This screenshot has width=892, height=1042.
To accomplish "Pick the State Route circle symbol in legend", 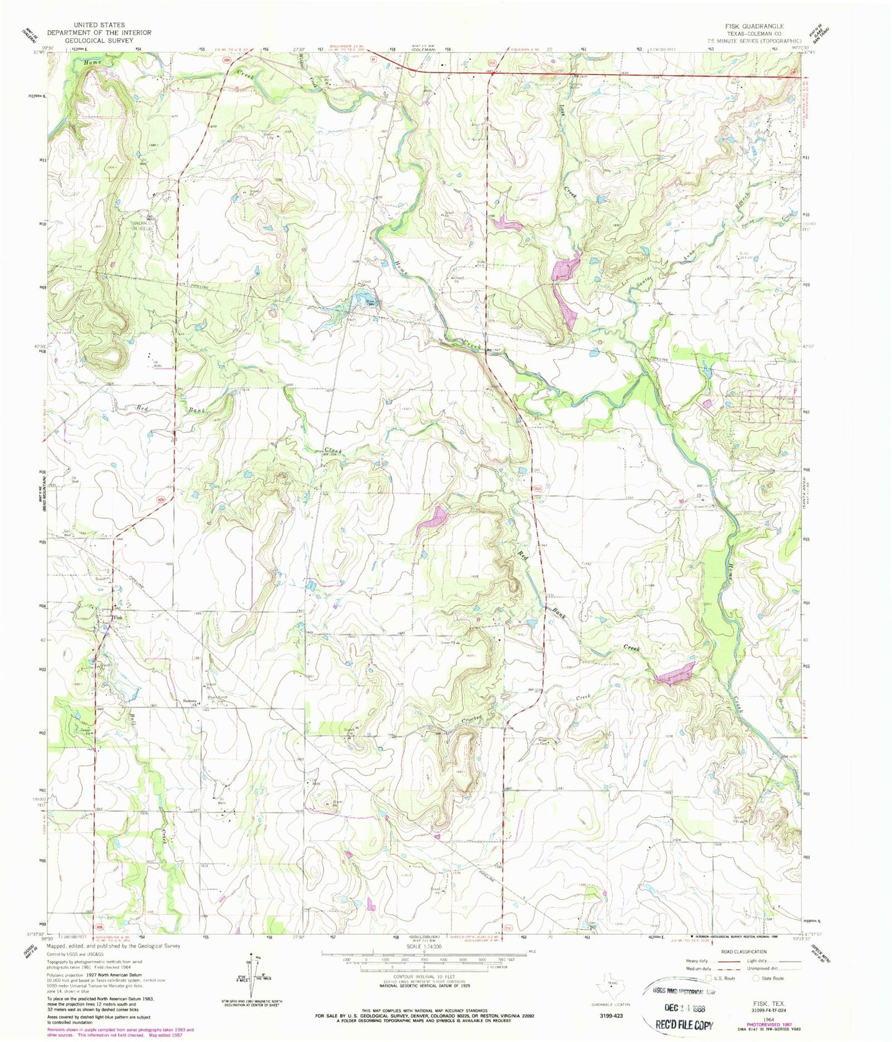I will (x=756, y=978).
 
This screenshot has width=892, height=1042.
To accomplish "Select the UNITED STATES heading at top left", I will (x=99, y=25).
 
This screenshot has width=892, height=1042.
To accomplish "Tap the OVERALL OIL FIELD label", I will (x=143, y=225).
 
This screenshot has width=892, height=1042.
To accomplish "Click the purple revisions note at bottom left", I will (x=120, y=1032).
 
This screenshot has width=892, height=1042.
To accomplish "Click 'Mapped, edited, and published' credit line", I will (x=114, y=945).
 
